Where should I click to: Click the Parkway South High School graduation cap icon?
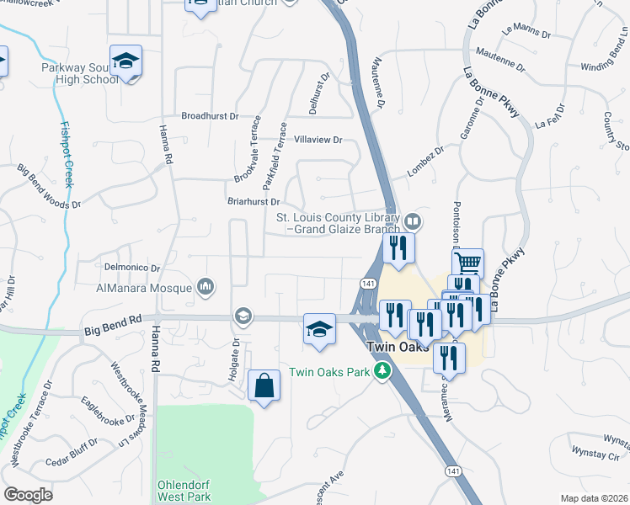(x=125, y=61)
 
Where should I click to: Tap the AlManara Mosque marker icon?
(x=206, y=288)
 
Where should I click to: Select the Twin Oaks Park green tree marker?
(x=382, y=371)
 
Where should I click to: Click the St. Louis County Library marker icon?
(x=413, y=222)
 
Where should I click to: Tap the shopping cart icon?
(x=467, y=263)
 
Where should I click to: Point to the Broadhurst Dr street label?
(x=211, y=116)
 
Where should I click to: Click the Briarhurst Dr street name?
(x=253, y=202)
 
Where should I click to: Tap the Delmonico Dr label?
(x=131, y=268)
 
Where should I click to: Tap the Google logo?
(x=28, y=495)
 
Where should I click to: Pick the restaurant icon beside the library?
(x=399, y=247)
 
